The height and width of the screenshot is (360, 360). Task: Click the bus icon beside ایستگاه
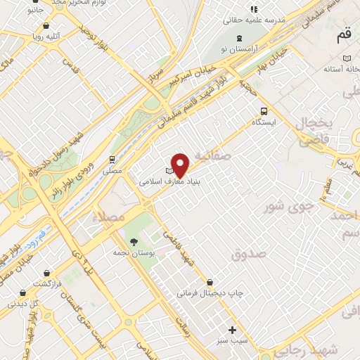pos(264,110)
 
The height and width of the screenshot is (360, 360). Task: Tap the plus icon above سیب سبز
pos(233,329)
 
